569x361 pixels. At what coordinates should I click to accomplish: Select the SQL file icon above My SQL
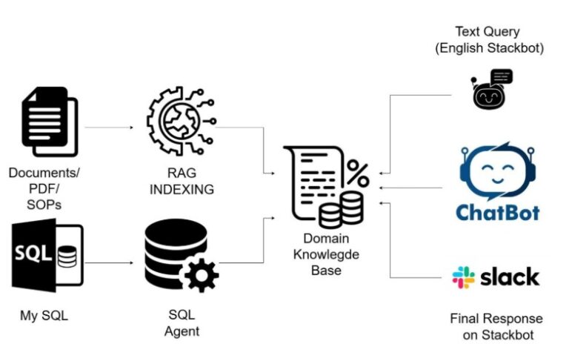(47, 256)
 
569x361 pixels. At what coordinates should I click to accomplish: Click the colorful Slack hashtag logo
(463, 278)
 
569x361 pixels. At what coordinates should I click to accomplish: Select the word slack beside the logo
(510, 278)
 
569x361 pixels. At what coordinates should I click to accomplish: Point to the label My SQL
(44, 317)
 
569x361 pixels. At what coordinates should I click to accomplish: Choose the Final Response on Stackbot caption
(496, 327)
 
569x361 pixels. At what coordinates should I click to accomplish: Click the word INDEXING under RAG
(182, 190)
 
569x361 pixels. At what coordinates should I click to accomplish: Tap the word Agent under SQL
(182, 331)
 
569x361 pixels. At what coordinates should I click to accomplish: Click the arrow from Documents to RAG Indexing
(109, 127)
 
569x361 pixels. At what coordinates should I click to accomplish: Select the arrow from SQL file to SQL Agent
(109, 262)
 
